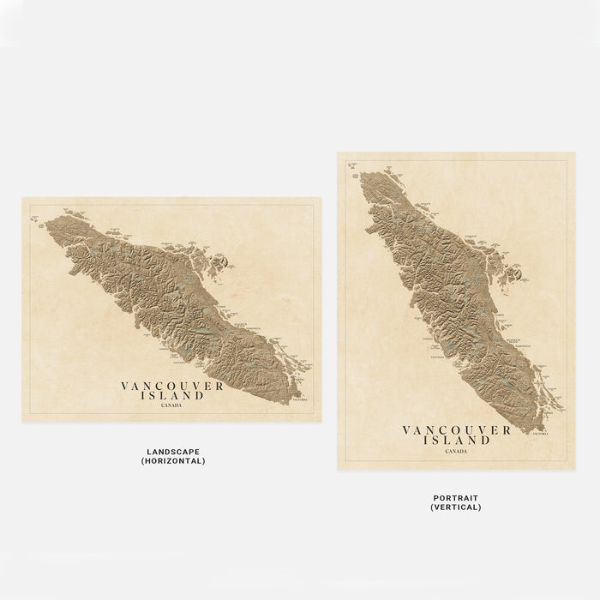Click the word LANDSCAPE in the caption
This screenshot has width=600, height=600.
click(173, 452)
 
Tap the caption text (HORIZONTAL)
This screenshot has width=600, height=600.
click(173, 461)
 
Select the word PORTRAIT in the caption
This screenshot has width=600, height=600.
click(455, 498)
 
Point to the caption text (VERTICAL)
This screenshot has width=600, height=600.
click(455, 507)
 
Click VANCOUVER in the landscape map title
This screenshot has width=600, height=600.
click(172, 387)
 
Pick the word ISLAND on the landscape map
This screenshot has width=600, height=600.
click(174, 396)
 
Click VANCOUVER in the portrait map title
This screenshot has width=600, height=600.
click(455, 431)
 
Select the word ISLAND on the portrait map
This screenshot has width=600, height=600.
click(455, 441)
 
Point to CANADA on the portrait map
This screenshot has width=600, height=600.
click(455, 451)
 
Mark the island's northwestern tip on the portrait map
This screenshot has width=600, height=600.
click(361, 174)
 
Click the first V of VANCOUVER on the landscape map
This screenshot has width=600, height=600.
click(125, 387)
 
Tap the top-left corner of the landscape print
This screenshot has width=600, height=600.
click(22, 197)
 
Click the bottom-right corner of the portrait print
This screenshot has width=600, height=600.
click(575, 470)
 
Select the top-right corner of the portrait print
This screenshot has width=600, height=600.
click(575, 153)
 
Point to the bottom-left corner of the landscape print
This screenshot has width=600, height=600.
click(22, 422)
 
